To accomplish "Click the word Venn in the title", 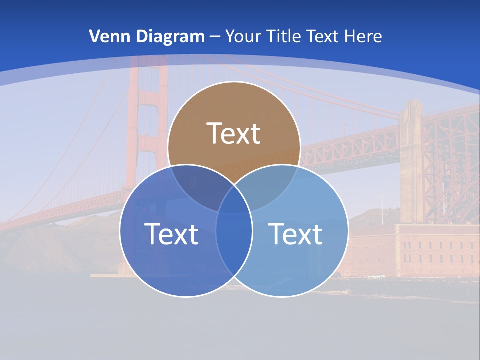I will pyautogui.click(x=106, y=36).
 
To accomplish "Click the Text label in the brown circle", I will pyautogui.click(x=234, y=133).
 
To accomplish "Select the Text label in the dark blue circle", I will pyautogui.click(x=171, y=233).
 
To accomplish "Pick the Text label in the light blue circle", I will pyautogui.click(x=296, y=233).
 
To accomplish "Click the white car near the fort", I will pyautogui.click(x=376, y=276).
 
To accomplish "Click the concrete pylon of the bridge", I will pyautogui.click(x=411, y=160).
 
